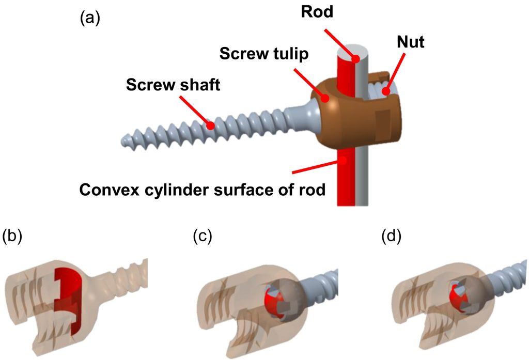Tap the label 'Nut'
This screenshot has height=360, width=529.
[x=411, y=42]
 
